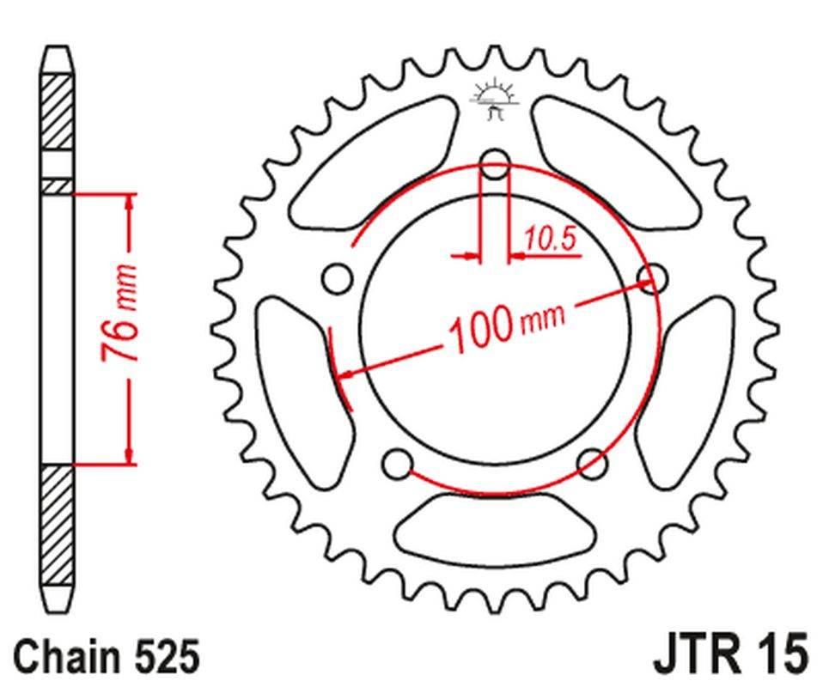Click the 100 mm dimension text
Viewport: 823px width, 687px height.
pyautogui.click(x=505, y=325)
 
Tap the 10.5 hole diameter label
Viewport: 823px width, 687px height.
pyautogui.click(x=550, y=240)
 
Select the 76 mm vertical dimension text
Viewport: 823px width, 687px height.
pyautogui.click(x=121, y=314)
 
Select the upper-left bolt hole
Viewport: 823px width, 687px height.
pyautogui.click(x=337, y=277)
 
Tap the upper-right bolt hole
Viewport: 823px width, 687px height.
pyautogui.click(x=654, y=277)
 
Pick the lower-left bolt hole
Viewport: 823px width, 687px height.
pyautogui.click(x=397, y=464)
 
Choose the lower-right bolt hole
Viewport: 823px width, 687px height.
pyautogui.click(x=593, y=464)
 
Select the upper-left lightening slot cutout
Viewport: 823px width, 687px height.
pyautogui.click(x=374, y=163)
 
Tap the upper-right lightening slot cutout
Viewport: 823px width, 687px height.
pyautogui.click(x=617, y=163)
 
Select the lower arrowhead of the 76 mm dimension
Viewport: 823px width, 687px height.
pyautogui.click(x=130, y=455)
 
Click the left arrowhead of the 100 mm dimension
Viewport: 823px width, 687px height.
pyautogui.click(x=344, y=374)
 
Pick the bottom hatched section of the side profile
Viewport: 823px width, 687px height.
pyautogui.click(x=58, y=524)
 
